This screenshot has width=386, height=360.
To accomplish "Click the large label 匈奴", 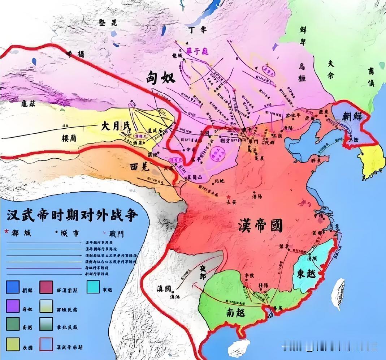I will (x=160, y=77).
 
